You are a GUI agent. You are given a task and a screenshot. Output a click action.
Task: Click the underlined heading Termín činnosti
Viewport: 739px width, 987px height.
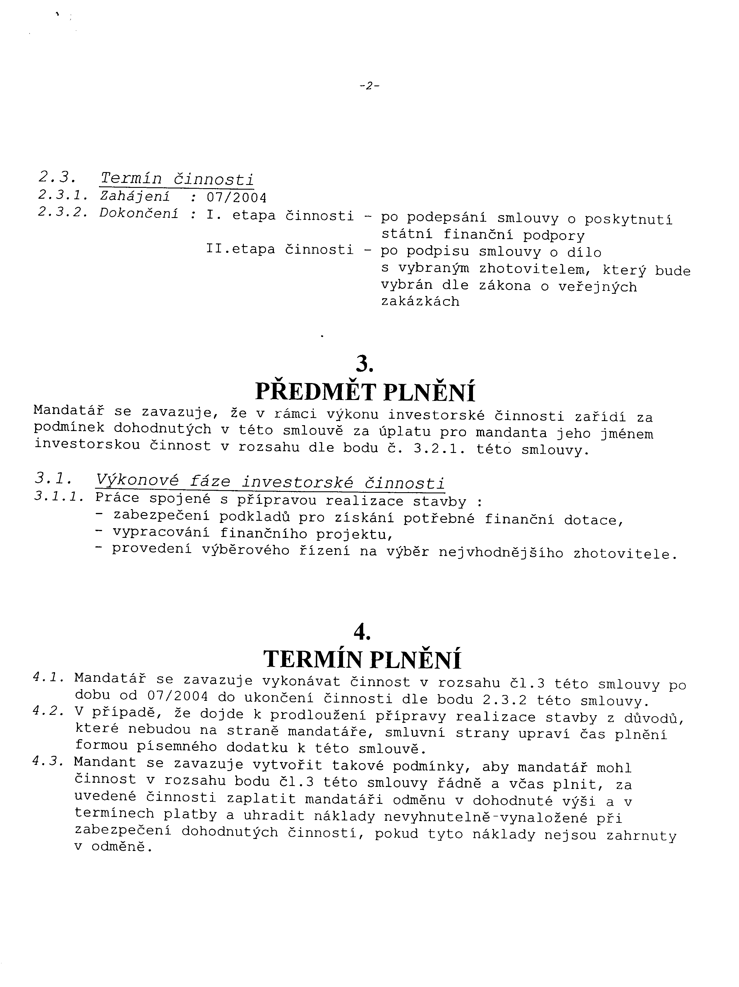point(177,179)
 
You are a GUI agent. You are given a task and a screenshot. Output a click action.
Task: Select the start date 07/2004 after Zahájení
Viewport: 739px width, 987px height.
point(236,197)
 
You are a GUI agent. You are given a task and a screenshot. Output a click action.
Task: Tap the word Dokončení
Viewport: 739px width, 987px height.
point(139,214)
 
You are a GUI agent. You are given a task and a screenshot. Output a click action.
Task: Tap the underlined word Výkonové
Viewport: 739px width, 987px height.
point(137,481)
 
